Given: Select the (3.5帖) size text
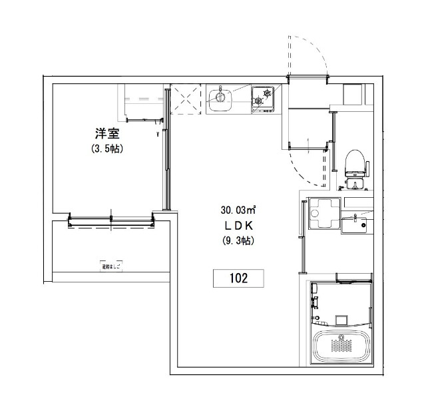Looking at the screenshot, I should [x=106, y=149].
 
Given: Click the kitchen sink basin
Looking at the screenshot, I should [x=220, y=101].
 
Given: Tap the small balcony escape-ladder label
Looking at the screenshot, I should [x=111, y=267].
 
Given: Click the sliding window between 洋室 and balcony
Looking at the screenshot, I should [x=112, y=219].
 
